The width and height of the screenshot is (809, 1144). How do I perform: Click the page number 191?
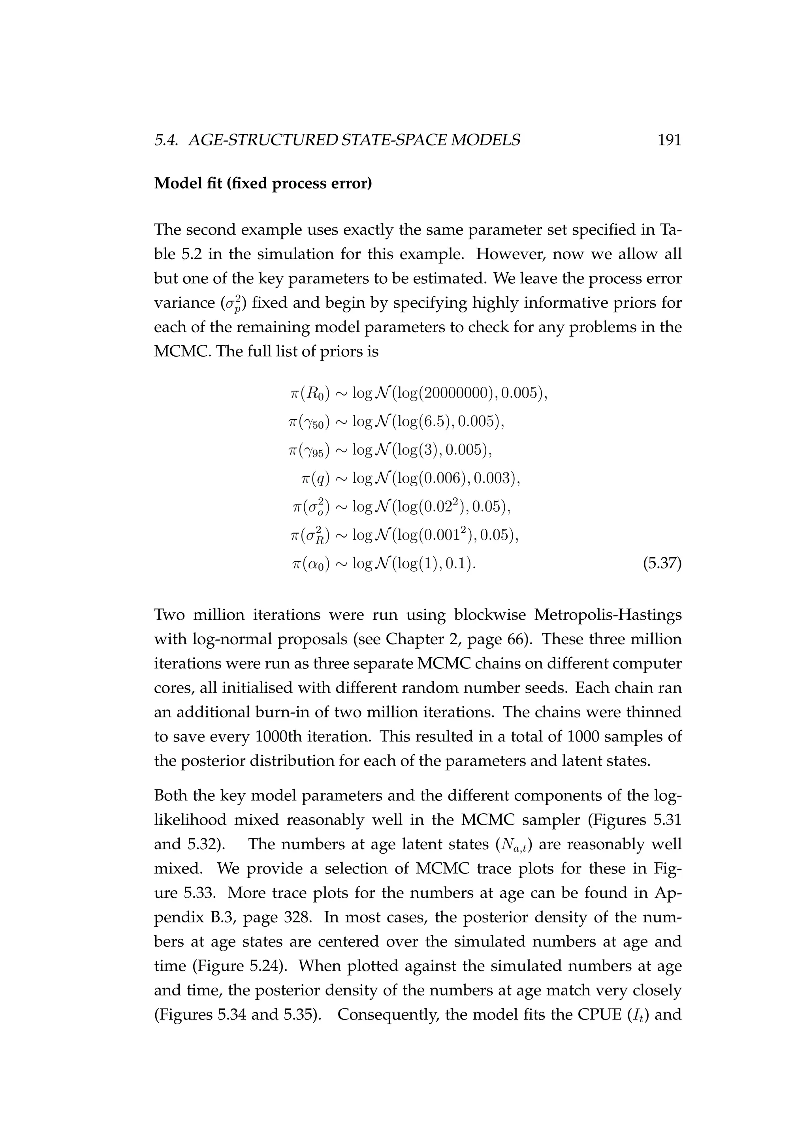[x=669, y=141]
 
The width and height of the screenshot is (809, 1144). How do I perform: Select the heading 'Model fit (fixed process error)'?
[x=263, y=183]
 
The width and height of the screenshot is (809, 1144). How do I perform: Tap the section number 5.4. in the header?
[x=168, y=141]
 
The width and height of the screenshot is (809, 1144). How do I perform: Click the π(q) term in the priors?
[x=315, y=479]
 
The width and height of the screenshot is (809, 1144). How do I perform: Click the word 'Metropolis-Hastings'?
[x=607, y=615]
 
